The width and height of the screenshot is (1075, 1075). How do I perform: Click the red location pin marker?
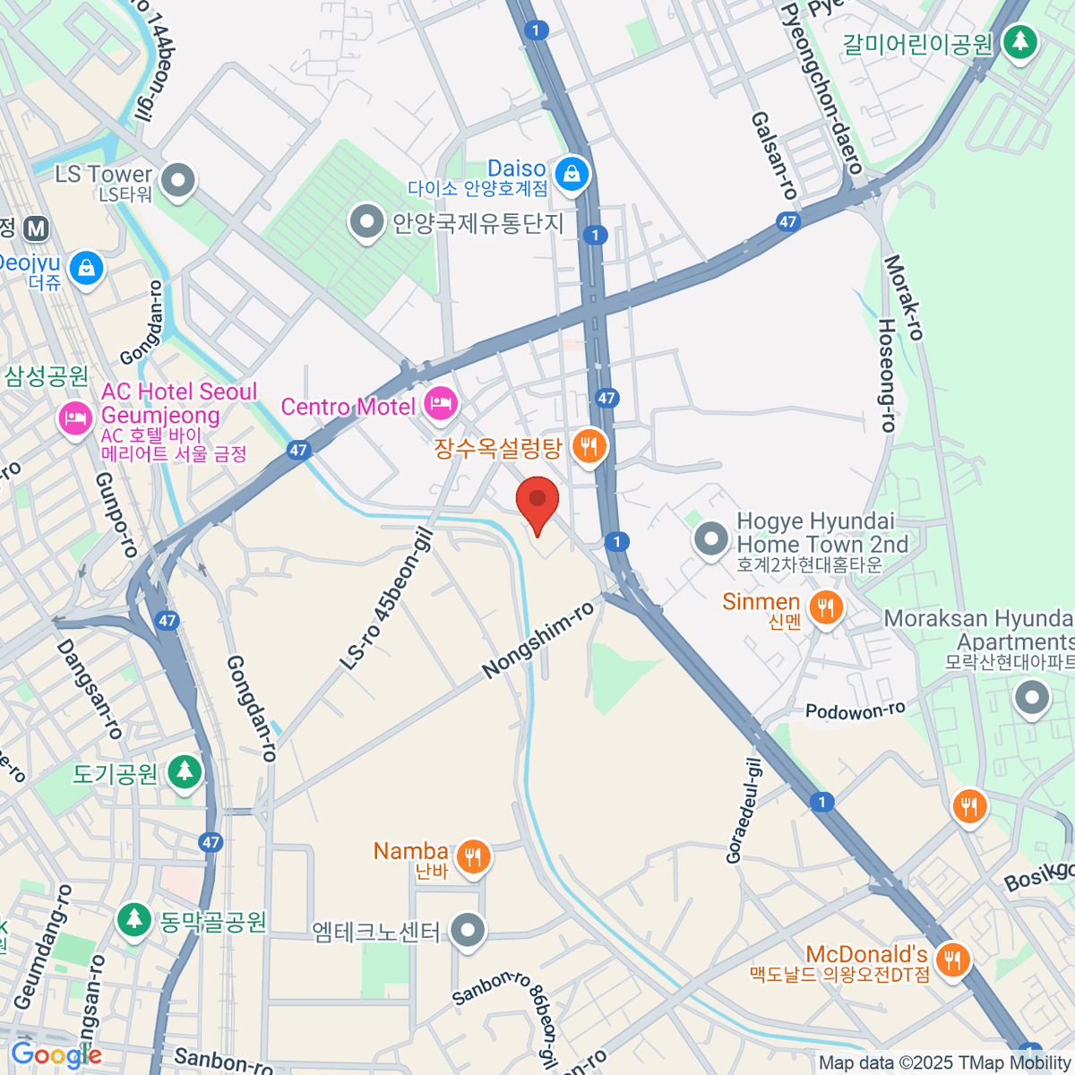(537, 502)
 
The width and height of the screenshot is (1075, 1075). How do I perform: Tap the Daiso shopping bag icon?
(572, 174)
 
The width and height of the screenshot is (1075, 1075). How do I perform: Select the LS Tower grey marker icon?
(178, 180)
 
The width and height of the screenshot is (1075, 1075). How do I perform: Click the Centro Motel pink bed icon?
(440, 403)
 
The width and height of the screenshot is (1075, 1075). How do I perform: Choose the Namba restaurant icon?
(473, 856)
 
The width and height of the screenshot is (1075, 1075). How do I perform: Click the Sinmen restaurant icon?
(825, 608)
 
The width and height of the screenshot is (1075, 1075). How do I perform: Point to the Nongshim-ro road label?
(537, 640)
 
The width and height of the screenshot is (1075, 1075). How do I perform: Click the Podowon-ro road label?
(855, 711)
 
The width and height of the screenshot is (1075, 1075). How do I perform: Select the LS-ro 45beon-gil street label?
(386, 600)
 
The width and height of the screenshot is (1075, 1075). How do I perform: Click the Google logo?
(56, 1055)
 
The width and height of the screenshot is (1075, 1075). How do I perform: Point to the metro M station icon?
(36, 228)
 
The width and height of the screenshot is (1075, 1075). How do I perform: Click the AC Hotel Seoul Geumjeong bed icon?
(75, 418)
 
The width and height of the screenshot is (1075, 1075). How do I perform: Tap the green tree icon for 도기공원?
(185, 771)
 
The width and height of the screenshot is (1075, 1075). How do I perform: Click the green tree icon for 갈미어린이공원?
(1019, 41)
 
